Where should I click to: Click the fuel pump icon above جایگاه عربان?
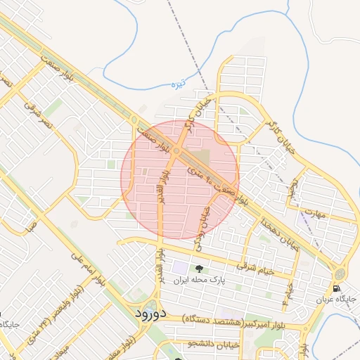coord(337,288)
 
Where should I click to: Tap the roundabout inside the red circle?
coord(177,150)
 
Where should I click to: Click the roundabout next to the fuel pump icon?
coord(341,274)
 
